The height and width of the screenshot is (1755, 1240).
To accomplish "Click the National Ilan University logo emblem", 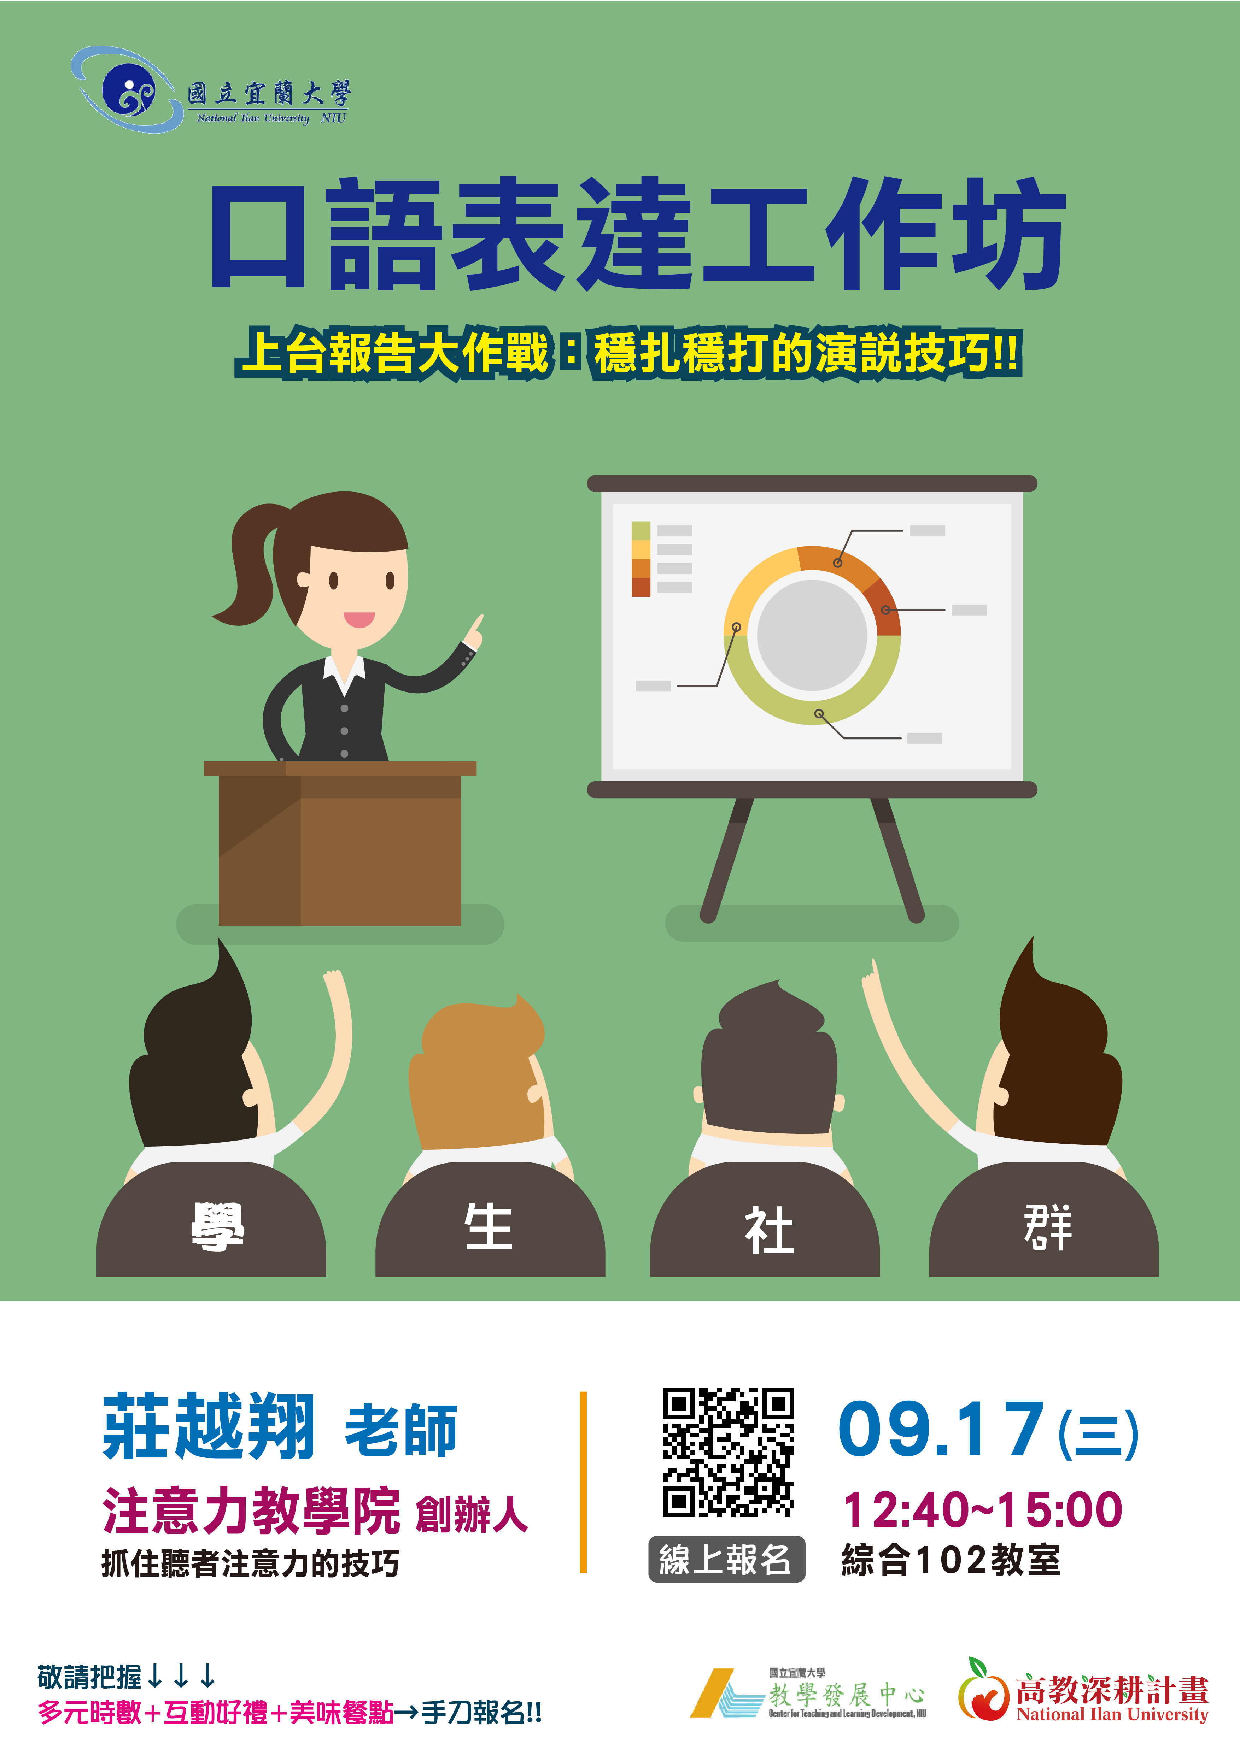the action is click(x=126, y=90).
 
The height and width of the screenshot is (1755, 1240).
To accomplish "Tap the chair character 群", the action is click(x=1048, y=1227).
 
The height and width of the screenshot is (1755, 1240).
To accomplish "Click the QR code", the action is click(x=728, y=1452).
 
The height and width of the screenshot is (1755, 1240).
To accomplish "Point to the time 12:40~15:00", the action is click(x=982, y=1510).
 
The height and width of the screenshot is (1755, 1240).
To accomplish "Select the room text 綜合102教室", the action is click(x=951, y=1560).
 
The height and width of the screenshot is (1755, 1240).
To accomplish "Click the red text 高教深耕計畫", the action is click(x=1112, y=1690).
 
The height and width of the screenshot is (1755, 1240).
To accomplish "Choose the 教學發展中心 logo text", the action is click(x=847, y=1695).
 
